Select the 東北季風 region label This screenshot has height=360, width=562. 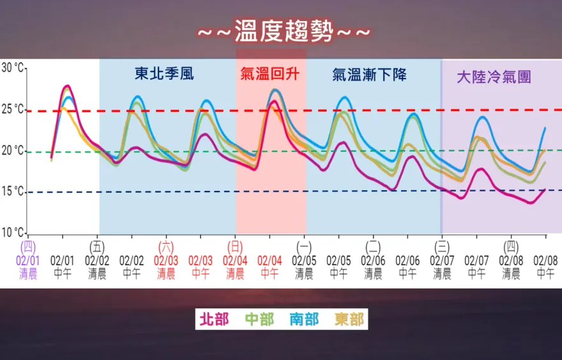164,74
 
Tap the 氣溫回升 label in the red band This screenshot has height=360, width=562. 270,74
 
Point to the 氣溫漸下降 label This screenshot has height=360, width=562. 369,74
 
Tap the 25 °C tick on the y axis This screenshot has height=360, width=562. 12,109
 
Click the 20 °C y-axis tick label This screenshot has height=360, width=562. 12,151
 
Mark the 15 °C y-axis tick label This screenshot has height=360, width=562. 12,191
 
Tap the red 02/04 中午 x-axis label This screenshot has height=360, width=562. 270,267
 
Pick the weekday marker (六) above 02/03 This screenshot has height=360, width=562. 166,246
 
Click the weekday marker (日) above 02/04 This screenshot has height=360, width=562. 235,246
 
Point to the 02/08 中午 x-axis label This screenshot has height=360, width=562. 545,267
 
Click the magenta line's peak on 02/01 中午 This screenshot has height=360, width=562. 67,86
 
